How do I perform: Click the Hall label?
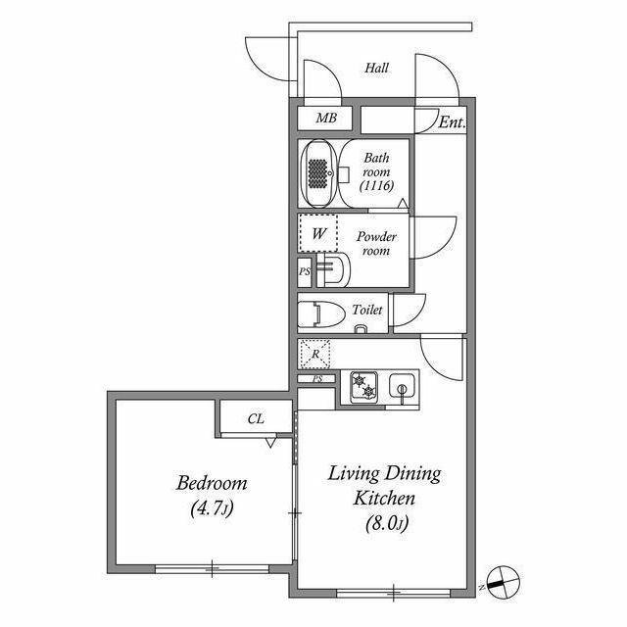376,68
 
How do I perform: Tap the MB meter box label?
326,118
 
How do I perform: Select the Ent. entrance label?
453,121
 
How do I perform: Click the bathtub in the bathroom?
318,173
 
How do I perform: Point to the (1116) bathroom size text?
376,186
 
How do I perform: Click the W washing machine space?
318,233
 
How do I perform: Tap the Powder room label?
376,244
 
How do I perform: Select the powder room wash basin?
333,270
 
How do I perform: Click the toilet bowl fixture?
321,314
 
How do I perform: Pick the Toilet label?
367,310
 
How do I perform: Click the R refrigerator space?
315,354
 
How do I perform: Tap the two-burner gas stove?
363,387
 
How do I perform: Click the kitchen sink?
403,387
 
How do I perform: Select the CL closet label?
256,418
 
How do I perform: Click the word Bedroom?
212,483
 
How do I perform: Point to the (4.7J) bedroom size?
212,508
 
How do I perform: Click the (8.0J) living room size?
387,524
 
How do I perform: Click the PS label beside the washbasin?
305,272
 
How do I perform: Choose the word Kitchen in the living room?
384,499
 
